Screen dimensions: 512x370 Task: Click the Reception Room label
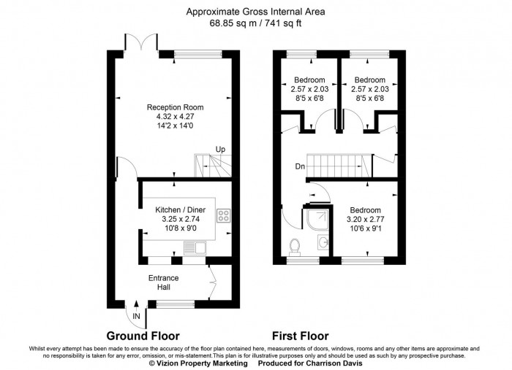(175, 107)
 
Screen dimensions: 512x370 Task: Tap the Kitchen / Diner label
(180, 209)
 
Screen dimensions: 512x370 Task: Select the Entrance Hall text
(164, 282)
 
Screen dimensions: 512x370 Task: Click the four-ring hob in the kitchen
(223, 215)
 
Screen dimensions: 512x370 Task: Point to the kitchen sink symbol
(195, 248)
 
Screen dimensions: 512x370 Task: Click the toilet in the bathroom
(295, 247)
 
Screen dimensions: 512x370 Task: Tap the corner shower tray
(317, 220)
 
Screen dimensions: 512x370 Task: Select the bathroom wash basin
(323, 242)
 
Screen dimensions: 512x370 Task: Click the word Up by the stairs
(220, 150)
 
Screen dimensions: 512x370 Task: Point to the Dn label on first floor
(300, 166)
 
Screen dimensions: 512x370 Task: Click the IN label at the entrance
(136, 316)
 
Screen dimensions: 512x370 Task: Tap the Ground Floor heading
(143, 336)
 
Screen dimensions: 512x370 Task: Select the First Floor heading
(301, 336)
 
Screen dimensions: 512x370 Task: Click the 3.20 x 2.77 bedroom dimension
(366, 219)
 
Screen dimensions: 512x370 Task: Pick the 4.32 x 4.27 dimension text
(176, 116)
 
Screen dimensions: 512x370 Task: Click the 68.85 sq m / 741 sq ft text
(256, 23)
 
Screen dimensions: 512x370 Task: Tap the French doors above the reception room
(141, 42)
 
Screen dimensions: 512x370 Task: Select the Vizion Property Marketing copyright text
(198, 363)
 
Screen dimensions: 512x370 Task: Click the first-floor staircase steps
(339, 166)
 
